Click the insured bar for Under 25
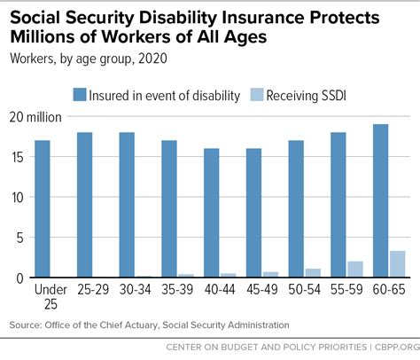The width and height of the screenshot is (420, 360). point(43,209)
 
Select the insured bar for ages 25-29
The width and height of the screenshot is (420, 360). point(85,205)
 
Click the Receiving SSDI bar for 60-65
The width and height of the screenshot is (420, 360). point(398,264)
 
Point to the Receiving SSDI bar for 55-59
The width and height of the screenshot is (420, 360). point(355,270)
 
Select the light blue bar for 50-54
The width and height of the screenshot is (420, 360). point(313,273)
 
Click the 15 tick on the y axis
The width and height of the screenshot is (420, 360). point(19,157)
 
